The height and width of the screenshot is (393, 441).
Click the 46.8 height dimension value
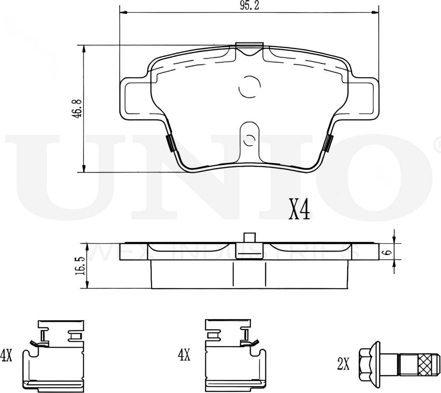[x=77, y=108]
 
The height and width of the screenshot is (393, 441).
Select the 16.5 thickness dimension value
[x=80, y=265]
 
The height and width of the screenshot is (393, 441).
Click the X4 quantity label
[x=299, y=210]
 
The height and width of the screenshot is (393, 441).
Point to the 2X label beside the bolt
[x=343, y=364]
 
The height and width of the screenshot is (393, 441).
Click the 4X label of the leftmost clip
[x=6, y=355]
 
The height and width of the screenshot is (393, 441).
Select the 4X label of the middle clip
[x=184, y=355]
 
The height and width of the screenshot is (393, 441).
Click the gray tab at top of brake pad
[x=249, y=45]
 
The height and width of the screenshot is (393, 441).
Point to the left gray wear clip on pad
[x=170, y=143]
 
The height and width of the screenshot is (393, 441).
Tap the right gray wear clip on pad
[x=329, y=143]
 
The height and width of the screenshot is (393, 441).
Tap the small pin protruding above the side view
[x=249, y=238]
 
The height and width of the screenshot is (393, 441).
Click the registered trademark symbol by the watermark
[x=437, y=145]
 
